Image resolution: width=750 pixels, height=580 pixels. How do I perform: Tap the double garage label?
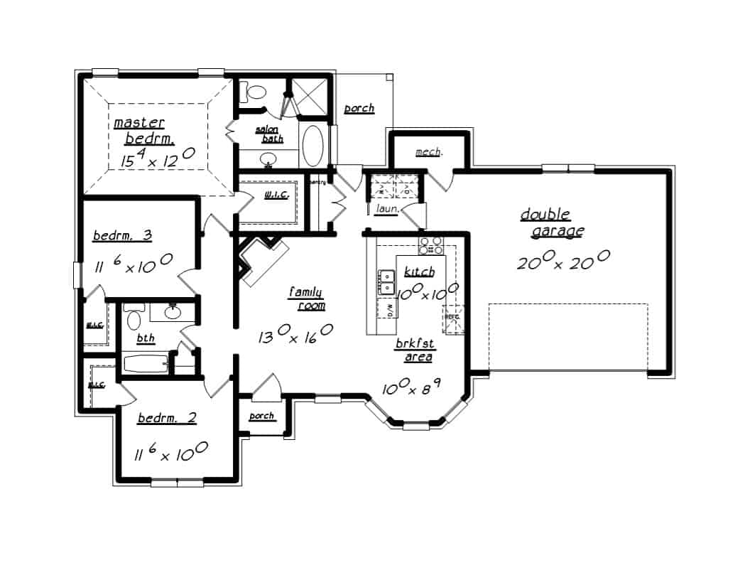click(553, 222)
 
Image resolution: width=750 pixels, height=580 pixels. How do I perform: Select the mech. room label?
click(429, 152)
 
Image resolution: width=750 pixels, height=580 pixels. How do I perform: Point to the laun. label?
click(386, 209)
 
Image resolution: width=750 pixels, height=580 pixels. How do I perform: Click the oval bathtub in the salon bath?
click(312, 146)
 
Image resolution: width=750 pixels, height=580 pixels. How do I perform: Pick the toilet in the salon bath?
click(253, 92)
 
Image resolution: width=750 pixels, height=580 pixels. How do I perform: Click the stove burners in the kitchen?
click(430, 246)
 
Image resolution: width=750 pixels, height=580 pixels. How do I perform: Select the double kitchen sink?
click(387, 282)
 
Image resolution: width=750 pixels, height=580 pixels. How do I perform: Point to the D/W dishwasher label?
click(389, 308)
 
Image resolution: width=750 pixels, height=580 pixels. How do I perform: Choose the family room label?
click(307, 299)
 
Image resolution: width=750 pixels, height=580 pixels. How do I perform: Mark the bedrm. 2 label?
click(167, 418)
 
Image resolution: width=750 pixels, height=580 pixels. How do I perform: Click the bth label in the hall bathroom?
click(146, 338)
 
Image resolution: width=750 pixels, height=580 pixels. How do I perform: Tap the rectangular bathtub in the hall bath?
click(146, 364)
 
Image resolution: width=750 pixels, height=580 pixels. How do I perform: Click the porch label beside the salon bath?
click(359, 109)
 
